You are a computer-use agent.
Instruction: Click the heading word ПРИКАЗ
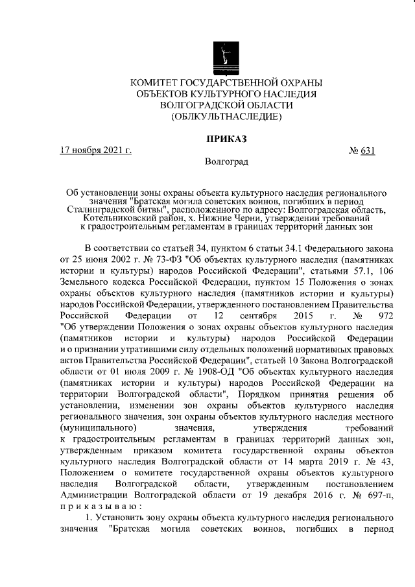(226, 138)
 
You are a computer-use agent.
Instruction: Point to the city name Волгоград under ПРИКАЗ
(226, 161)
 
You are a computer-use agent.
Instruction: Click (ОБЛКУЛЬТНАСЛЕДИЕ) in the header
(226, 117)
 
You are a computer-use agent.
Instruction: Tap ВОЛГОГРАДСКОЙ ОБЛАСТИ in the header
(226, 106)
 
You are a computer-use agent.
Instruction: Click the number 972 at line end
(385, 324)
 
